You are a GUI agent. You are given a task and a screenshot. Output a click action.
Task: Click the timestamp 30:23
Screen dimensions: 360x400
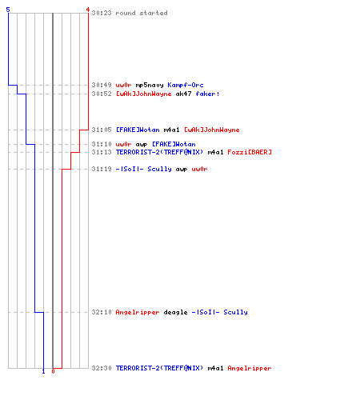[102, 13]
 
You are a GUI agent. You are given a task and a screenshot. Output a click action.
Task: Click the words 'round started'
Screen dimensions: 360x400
[142, 13]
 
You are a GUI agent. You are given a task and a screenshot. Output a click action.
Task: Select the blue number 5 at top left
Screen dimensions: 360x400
[8, 10]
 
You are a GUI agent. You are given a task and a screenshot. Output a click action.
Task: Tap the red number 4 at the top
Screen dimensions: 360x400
[88, 10]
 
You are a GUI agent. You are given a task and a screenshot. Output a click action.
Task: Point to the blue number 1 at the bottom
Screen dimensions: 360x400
[43, 371]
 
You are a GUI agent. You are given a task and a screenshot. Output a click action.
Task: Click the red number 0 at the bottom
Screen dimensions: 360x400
[53, 371]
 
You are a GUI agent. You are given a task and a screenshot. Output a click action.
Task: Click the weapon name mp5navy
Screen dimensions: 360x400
[150, 85]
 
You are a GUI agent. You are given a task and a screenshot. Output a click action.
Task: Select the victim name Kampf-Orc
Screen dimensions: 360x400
[186, 85]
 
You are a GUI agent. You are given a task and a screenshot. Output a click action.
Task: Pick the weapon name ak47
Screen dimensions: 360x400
[183, 94]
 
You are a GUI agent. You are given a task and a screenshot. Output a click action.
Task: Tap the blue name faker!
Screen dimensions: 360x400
[207, 94]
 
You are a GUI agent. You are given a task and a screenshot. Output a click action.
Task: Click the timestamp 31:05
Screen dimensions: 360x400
[102, 130]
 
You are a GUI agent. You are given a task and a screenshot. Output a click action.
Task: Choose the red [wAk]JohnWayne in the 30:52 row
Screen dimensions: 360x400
[143, 94]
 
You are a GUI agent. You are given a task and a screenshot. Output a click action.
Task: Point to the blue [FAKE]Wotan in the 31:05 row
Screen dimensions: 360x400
[138, 130]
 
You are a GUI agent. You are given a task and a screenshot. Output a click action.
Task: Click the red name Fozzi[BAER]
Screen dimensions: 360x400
[250, 152]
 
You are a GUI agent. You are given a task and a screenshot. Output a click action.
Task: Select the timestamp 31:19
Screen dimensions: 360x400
[102, 169]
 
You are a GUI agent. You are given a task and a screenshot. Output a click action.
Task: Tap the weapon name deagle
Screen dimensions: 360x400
[175, 312]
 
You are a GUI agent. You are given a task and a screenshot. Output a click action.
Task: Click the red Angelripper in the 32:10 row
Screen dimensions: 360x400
[138, 312]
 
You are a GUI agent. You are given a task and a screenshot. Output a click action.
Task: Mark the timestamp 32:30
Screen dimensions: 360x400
[102, 368]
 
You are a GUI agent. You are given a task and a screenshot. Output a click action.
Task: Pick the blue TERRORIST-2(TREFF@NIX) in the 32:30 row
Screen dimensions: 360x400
[159, 368]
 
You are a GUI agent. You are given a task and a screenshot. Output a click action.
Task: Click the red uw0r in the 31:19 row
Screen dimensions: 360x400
[199, 169]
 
